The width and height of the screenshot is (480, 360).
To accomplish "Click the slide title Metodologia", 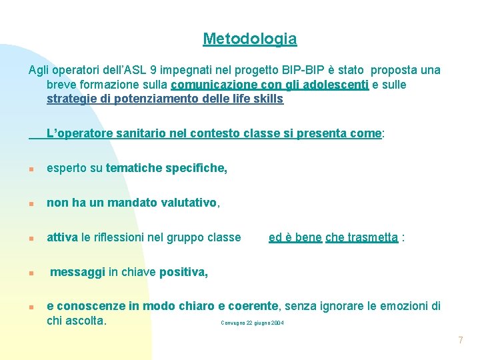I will (250, 39).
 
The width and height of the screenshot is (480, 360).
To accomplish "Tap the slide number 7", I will (460, 341).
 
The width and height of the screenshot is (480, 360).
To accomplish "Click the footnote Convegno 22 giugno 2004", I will (252, 323).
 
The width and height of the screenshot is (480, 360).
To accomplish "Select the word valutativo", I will (189, 203).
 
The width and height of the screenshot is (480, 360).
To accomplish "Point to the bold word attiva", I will (62, 237).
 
